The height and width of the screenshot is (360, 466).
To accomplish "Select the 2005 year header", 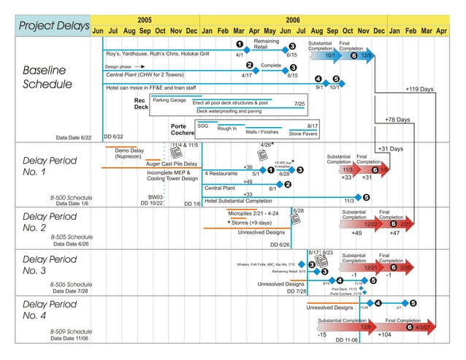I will pos(145,20).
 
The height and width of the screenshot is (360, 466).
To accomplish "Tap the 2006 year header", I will pos(293,20).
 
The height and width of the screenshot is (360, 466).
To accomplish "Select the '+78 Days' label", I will pos(397,119).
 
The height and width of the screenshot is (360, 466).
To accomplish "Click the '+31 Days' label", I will pos(391,149).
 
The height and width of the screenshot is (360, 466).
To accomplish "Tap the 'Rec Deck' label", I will pos(141,104).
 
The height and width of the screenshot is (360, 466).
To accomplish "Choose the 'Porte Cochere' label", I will pos(182,130).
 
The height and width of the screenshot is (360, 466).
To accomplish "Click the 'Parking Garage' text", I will pos(169,100).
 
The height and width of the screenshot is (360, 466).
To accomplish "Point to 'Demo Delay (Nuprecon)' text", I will pos(128,153).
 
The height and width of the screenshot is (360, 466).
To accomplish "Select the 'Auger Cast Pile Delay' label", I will pos(172,164).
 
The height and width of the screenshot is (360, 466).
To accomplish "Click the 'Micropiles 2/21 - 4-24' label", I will pos(253,214).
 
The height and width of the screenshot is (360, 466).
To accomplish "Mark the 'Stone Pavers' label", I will pos(303,134).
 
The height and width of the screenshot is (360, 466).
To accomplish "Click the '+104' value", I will pos(385,334).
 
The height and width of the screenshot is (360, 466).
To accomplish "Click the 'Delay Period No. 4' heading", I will pos(50,310).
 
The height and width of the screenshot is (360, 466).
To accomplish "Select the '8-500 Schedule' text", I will pos(71,197).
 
